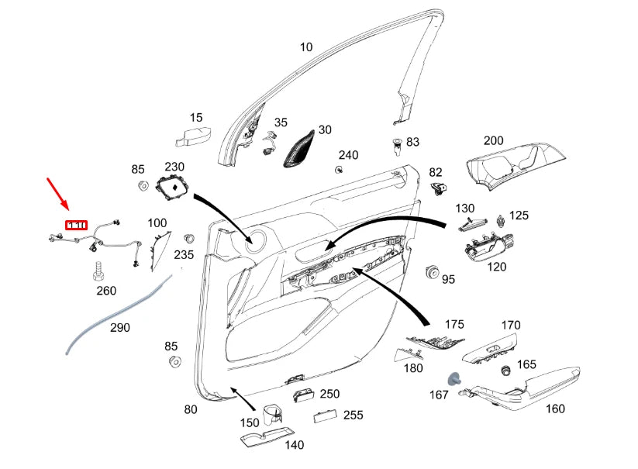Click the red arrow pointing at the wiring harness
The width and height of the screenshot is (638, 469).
(x=59, y=194)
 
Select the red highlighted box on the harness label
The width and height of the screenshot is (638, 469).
(x=76, y=225)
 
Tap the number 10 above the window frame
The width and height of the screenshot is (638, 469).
(x=306, y=47)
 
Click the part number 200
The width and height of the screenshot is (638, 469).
(x=493, y=141)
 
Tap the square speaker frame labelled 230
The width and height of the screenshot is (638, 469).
(x=173, y=187)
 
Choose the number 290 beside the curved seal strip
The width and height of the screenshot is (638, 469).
(x=119, y=327)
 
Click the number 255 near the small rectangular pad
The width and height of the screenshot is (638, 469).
(x=353, y=415)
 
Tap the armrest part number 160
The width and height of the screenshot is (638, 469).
(x=555, y=409)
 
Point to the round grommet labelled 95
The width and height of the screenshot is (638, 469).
(x=432, y=273)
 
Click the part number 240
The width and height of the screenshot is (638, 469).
(x=348, y=155)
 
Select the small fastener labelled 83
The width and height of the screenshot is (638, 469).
(x=397, y=143)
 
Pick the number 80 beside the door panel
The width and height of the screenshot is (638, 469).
(x=190, y=409)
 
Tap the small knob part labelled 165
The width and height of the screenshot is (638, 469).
(x=508, y=370)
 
